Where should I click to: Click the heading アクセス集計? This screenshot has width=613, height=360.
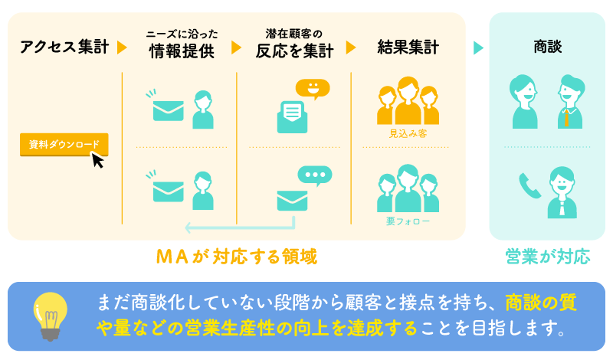click(64, 47)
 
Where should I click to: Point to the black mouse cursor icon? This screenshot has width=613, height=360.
click(97, 159)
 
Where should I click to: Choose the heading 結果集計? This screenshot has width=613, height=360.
click(408, 47)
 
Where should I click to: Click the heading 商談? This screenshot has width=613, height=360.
click(547, 47)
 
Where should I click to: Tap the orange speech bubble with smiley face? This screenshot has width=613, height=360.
click(313, 89)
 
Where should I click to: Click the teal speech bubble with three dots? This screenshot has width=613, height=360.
click(315, 175)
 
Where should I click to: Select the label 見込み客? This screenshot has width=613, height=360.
click(408, 133)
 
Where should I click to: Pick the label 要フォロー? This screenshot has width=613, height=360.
click(408, 221)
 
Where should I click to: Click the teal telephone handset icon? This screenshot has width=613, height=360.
click(529, 185)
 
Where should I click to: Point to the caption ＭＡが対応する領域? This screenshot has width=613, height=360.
click(236, 256)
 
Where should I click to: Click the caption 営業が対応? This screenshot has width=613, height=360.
click(547, 256)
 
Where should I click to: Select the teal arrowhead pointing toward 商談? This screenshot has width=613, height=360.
click(479, 47)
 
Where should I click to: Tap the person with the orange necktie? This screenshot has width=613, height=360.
click(569, 102)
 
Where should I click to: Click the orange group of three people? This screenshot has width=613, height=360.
click(408, 101)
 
